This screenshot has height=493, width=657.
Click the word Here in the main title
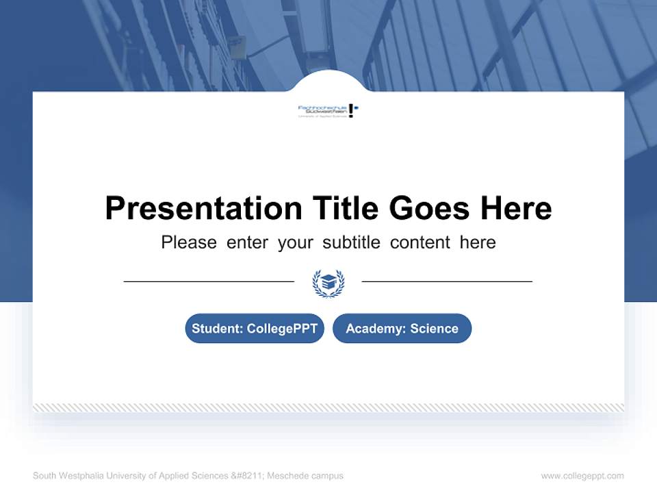[x=516, y=208]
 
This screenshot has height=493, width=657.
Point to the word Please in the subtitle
[x=189, y=242]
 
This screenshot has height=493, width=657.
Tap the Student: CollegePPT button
[x=255, y=329]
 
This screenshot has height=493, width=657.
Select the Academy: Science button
[x=402, y=329]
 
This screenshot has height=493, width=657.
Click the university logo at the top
[x=328, y=110]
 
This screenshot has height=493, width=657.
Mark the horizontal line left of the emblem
[x=209, y=281]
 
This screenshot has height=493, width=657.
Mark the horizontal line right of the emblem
[x=447, y=281]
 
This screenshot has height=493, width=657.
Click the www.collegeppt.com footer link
[x=582, y=476]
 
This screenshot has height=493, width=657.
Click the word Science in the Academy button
[x=434, y=329]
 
